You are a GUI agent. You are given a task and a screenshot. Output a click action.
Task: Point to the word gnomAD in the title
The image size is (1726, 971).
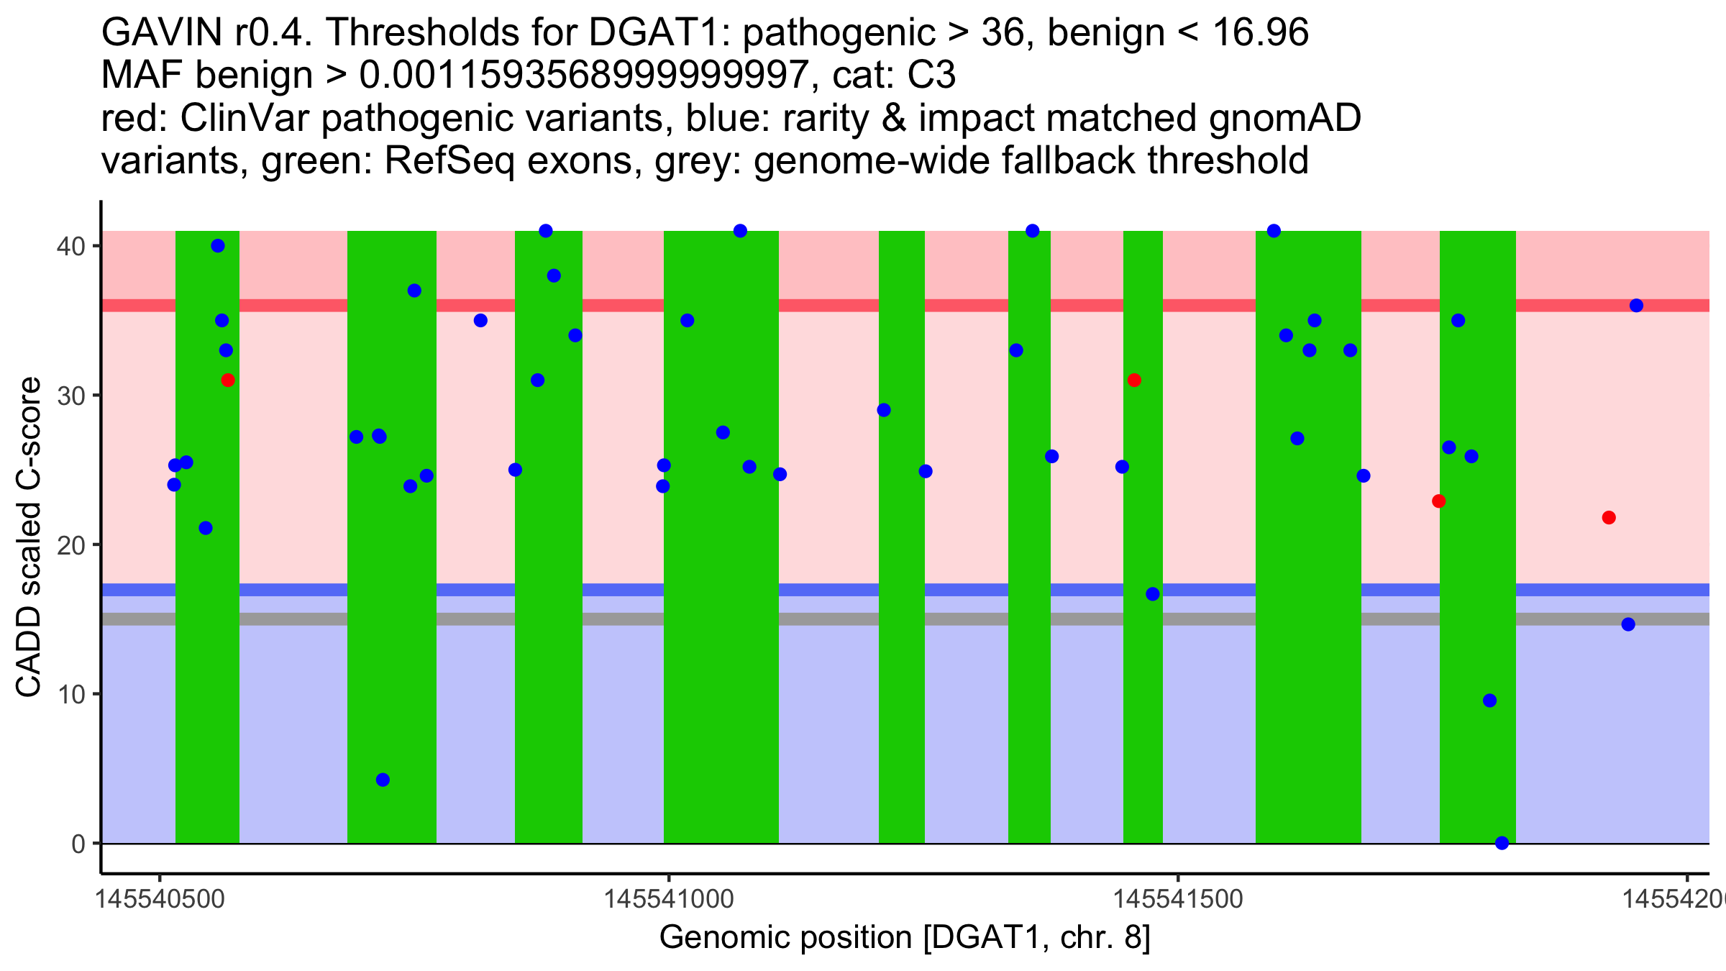click(1284, 118)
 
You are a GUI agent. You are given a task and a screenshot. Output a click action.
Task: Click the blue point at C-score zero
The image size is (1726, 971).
click(1502, 843)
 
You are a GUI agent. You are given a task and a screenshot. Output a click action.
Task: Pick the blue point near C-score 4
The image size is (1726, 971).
click(383, 780)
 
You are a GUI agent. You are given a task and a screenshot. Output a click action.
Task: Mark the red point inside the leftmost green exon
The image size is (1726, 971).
click(228, 380)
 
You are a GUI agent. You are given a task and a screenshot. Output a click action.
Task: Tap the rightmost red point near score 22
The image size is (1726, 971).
click(1609, 518)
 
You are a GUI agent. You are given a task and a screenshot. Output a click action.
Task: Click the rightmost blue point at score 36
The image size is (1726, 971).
click(1636, 306)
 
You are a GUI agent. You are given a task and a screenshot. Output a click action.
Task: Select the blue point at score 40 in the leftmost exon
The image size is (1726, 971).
click(218, 246)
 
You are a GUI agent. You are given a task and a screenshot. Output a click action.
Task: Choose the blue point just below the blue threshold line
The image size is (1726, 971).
click(1153, 594)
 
